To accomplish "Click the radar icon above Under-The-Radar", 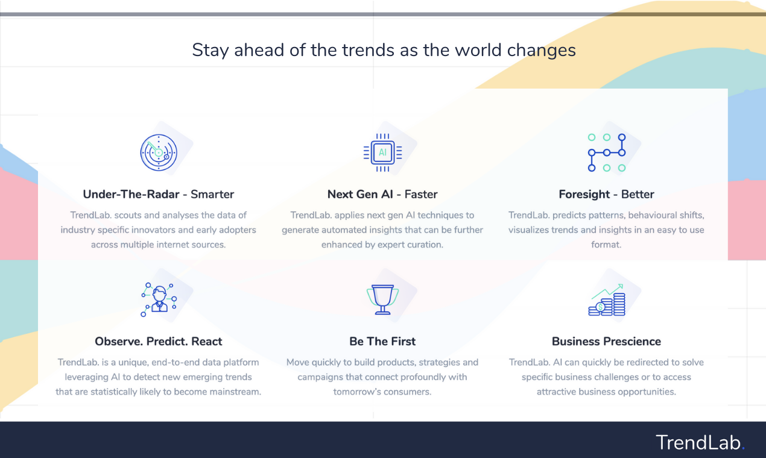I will (x=159, y=152).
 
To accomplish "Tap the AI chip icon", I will (x=382, y=152).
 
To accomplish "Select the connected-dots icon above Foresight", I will (x=606, y=152).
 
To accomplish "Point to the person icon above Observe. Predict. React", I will (x=159, y=299).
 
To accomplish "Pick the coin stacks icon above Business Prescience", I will (x=606, y=300).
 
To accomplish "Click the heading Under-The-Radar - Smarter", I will (x=159, y=194).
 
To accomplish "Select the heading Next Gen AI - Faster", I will (x=382, y=194).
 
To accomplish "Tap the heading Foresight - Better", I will (x=606, y=194).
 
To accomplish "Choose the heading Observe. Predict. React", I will (x=159, y=341).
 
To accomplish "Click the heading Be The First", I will (x=382, y=341).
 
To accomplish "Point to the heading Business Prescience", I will (x=606, y=341).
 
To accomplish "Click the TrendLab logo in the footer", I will (x=700, y=442).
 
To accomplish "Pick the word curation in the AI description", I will (x=425, y=245).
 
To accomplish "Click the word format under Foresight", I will (x=606, y=245).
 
